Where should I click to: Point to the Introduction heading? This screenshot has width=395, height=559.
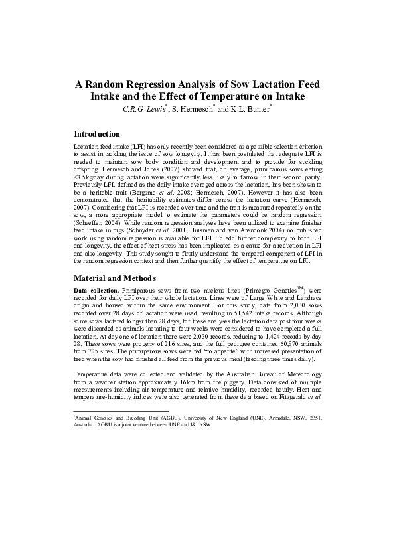coord(101,134)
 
